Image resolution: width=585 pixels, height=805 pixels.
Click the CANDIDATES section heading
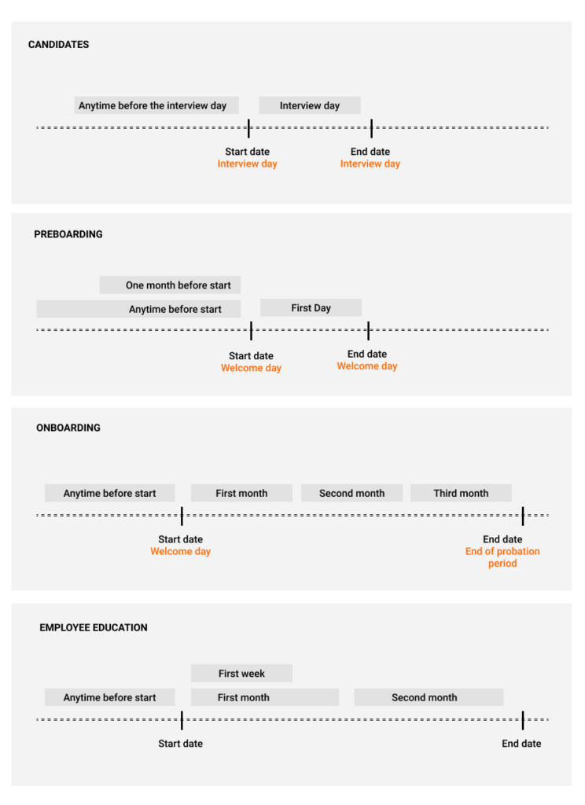tap(58, 45)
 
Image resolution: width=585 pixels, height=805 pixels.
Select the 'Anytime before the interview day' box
tap(156, 105)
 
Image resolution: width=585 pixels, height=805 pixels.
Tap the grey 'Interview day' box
tap(310, 105)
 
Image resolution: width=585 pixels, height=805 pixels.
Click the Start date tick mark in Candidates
tap(248, 128)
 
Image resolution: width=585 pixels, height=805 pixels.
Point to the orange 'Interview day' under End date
tap(370, 164)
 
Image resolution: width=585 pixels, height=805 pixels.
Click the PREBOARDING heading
tap(68, 234)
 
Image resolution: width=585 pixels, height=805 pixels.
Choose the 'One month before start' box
tap(170, 285)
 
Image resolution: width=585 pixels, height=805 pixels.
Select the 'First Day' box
tap(311, 307)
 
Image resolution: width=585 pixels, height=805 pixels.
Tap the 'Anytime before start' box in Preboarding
tap(138, 309)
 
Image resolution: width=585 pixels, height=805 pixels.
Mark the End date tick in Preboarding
tap(368, 331)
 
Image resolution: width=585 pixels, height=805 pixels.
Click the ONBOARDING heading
tap(68, 428)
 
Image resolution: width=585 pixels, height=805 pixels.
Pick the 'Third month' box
tap(461, 493)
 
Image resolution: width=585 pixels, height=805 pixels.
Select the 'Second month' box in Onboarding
tap(351, 493)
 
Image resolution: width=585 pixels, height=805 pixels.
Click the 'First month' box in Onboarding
tap(241, 493)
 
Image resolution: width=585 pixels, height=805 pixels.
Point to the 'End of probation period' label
tap(502, 557)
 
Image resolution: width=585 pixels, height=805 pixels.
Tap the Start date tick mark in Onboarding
tap(182, 516)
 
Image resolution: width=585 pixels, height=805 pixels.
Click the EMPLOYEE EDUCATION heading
tap(94, 627)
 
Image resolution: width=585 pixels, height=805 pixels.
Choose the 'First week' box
tap(241, 673)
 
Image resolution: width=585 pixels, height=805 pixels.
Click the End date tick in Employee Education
tap(523, 720)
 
